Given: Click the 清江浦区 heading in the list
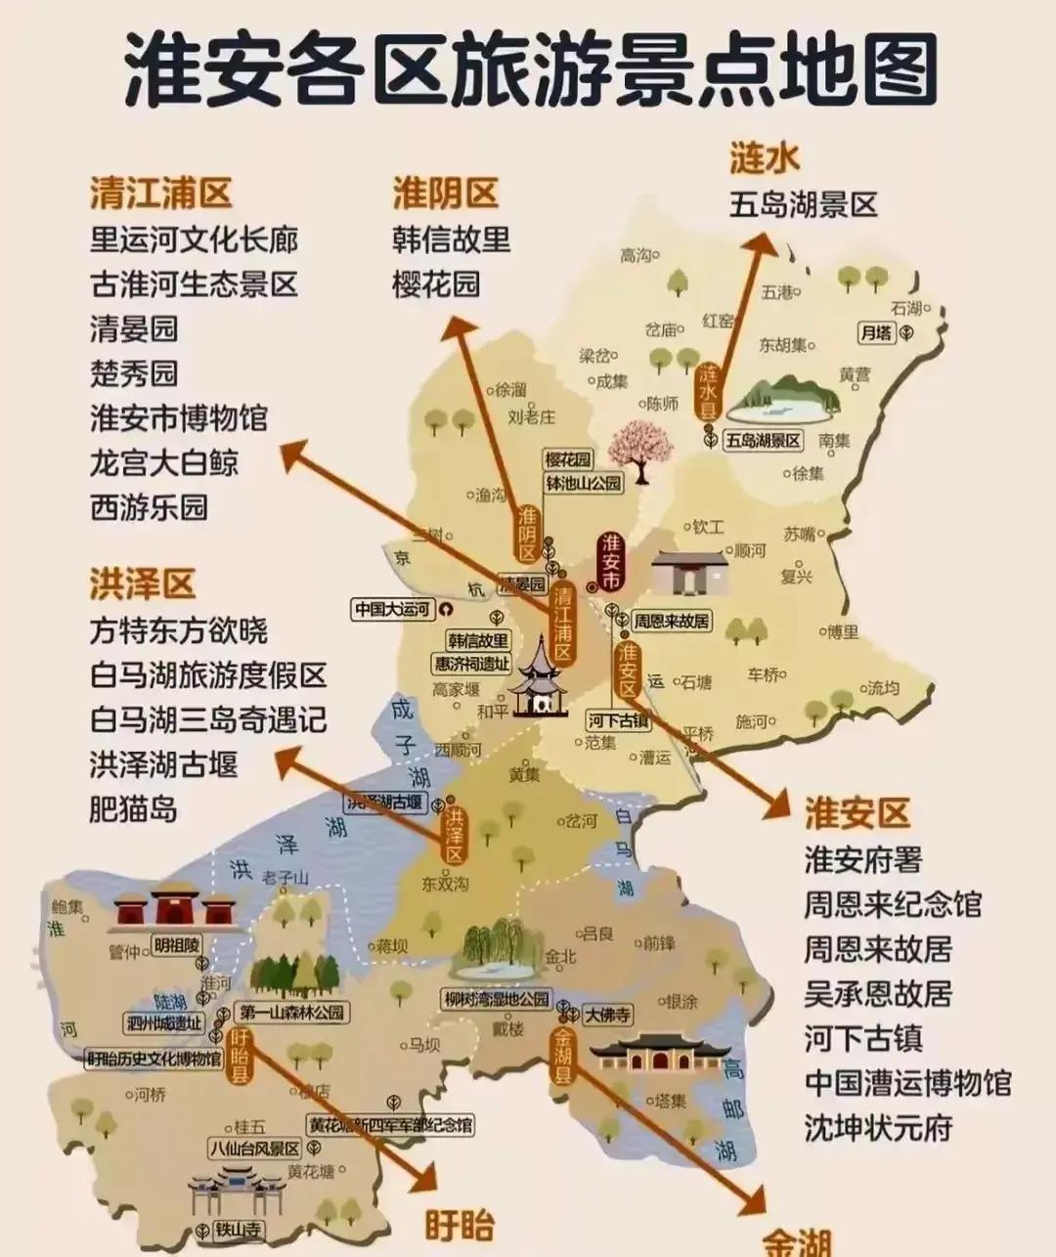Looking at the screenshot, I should (x=161, y=193).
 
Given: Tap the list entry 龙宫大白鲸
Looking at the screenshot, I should (x=164, y=462).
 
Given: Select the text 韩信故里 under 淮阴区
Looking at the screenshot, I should (x=452, y=239).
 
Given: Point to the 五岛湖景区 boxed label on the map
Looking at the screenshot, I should (x=763, y=441).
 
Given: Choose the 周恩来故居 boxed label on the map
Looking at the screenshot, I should (x=671, y=621).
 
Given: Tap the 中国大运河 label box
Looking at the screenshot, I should (x=392, y=609).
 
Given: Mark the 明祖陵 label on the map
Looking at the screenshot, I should (x=177, y=945).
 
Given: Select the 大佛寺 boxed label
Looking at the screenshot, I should (x=607, y=1015).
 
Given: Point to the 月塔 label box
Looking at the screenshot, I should (x=876, y=332).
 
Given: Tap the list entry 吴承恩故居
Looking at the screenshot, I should (x=878, y=994).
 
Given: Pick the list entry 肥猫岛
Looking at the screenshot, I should (x=133, y=809).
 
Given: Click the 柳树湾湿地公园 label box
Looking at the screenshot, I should (x=497, y=1000).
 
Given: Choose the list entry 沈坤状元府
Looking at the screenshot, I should (x=878, y=1128).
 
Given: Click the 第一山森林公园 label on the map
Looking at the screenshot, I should (x=292, y=1013).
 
